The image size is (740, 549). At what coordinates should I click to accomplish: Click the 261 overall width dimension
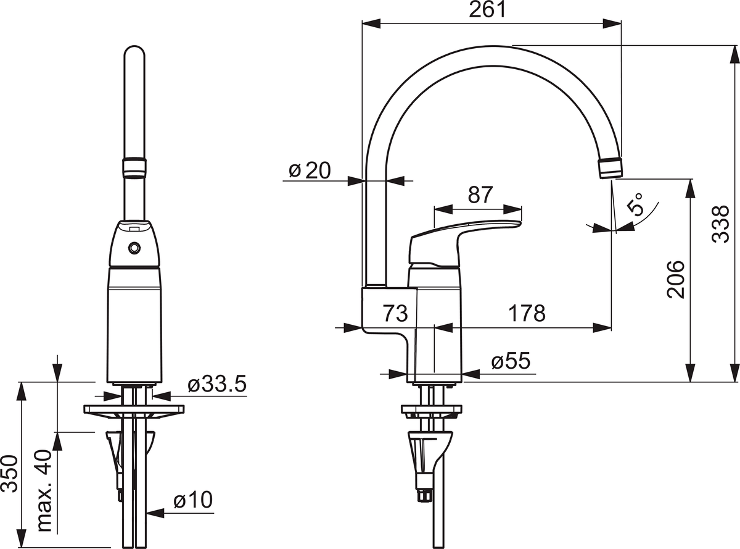tap(487, 10)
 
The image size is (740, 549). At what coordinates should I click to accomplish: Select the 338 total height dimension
tap(721, 224)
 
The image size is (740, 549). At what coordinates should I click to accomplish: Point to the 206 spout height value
tap(676, 279)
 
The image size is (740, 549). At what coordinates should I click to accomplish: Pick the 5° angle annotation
tap(636, 204)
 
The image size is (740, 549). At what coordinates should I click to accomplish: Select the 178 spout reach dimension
tap(527, 313)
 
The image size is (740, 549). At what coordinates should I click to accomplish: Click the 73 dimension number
tap(395, 313)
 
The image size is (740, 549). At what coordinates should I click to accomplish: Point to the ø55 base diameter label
tap(511, 361)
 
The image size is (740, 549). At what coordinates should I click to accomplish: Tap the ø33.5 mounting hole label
tap(217, 384)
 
